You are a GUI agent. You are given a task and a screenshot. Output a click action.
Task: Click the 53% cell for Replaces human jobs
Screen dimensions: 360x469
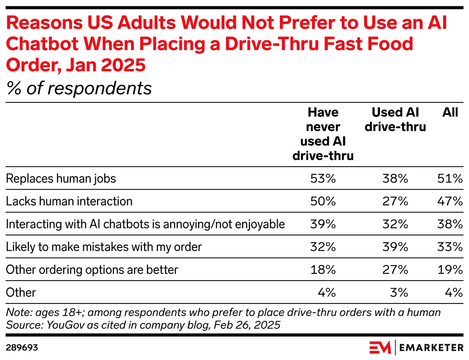click(x=323, y=179)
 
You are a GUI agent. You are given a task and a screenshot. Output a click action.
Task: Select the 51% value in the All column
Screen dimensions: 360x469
click(x=451, y=179)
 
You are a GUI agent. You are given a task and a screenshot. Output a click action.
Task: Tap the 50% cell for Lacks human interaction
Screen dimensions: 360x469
click(x=323, y=201)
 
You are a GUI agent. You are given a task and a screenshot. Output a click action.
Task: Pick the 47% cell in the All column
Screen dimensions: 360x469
click(x=451, y=201)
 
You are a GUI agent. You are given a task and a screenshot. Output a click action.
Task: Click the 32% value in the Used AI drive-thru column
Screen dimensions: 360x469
click(x=395, y=224)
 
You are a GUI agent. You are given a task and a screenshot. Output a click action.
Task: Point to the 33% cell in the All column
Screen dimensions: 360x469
click(x=451, y=247)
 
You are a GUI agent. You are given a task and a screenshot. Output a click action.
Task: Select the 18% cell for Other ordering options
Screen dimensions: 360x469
click(x=323, y=270)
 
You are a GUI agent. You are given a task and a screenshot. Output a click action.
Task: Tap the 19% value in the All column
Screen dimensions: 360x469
click(x=451, y=270)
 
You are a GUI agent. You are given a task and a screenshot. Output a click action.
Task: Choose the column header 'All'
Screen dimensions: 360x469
click(x=450, y=112)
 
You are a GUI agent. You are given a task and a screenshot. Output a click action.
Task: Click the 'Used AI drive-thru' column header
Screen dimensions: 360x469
click(x=395, y=120)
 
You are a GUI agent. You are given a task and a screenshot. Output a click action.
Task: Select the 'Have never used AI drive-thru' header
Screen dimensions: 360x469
click(x=323, y=134)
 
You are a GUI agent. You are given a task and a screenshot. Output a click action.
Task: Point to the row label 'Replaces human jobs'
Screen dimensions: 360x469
click(x=61, y=179)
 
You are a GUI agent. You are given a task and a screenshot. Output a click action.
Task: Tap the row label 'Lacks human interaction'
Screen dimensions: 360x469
click(x=69, y=201)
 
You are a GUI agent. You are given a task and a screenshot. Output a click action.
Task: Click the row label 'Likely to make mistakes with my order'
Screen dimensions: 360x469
click(x=104, y=247)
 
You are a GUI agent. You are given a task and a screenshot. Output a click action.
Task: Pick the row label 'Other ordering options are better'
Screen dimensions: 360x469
click(x=92, y=270)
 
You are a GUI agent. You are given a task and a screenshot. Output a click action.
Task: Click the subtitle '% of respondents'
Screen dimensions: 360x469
click(x=79, y=88)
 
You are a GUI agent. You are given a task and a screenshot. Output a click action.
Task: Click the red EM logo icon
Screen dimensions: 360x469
click(x=380, y=347)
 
